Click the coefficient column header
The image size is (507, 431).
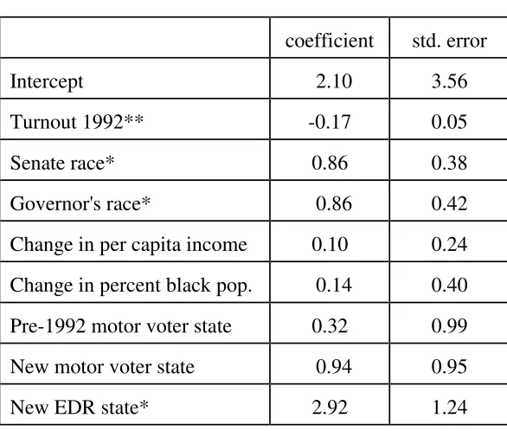(x=329, y=41)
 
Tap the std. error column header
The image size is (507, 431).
(x=449, y=41)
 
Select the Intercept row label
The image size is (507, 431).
(x=47, y=82)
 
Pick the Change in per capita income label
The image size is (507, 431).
(x=128, y=245)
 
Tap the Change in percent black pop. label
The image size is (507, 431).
(x=131, y=286)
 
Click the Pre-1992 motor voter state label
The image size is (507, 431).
(x=121, y=325)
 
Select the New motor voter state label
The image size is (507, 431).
(x=102, y=367)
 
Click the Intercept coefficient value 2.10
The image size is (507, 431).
(x=334, y=81)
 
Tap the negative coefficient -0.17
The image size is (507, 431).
(x=330, y=122)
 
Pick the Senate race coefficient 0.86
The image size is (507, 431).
(x=330, y=163)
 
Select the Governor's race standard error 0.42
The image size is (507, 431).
(x=449, y=203)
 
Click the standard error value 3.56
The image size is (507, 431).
(x=449, y=81)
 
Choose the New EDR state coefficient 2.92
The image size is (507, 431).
(x=330, y=407)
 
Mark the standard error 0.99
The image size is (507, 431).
(x=449, y=325)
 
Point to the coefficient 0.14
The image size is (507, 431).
(x=334, y=285)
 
